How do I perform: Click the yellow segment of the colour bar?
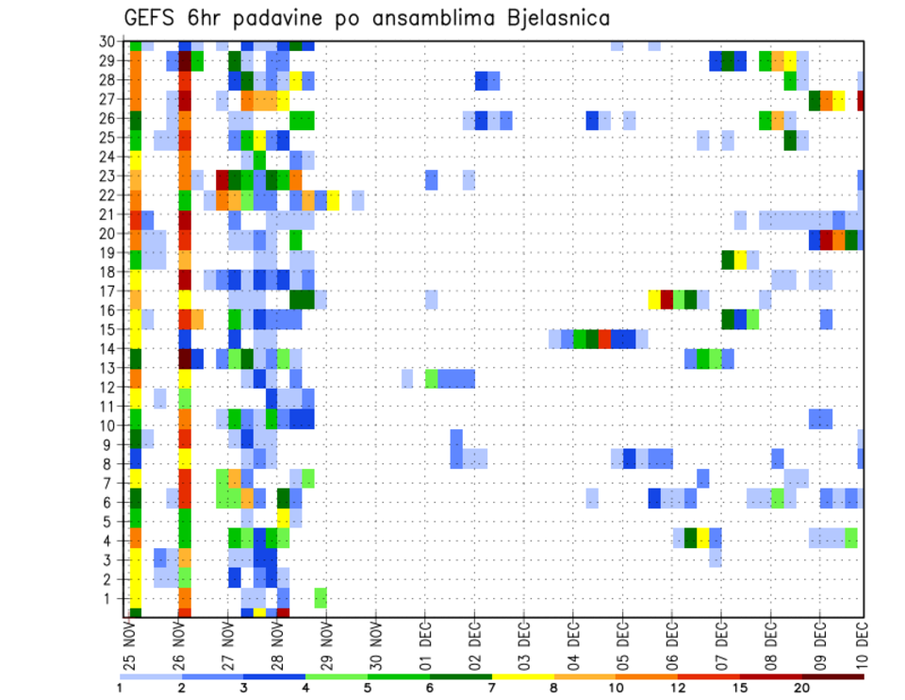point(523,675)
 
